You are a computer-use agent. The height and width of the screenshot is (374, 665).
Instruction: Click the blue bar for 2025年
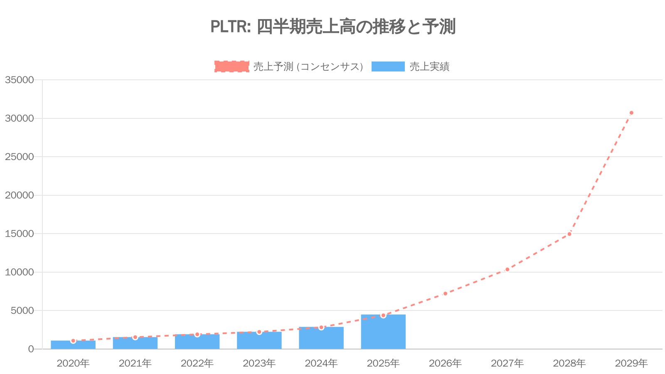tap(383, 332)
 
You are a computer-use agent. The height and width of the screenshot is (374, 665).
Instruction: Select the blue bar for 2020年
tap(73, 345)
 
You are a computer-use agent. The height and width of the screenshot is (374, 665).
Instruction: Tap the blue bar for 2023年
tap(259, 341)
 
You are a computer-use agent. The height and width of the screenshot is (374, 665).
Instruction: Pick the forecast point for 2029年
tap(631, 113)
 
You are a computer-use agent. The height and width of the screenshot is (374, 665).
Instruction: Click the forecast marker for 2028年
tap(569, 234)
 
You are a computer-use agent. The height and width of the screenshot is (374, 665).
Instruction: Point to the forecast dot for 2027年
tap(507, 270)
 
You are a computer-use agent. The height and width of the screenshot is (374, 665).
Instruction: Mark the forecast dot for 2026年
tap(445, 293)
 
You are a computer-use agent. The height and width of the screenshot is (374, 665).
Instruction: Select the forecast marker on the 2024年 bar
tap(321, 327)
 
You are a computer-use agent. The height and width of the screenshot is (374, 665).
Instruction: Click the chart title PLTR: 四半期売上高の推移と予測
tap(333, 27)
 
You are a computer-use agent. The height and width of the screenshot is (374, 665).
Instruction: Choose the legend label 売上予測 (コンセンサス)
tap(308, 66)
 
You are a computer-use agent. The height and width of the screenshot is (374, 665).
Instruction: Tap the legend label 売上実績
tap(429, 66)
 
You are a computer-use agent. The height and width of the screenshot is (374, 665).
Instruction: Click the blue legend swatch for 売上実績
tap(388, 66)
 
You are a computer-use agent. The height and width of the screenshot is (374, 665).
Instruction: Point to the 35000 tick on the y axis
tap(19, 80)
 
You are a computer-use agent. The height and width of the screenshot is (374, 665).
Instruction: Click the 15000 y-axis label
tap(19, 234)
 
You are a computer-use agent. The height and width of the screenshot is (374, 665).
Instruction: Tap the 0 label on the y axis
tap(31, 349)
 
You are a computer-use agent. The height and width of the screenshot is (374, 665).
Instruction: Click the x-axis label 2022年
tap(197, 363)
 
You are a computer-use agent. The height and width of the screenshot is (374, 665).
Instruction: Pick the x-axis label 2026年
tap(445, 363)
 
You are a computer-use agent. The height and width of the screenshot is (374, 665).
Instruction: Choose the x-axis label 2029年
tap(631, 363)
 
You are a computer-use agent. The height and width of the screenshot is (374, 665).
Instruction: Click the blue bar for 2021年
tap(135, 343)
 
